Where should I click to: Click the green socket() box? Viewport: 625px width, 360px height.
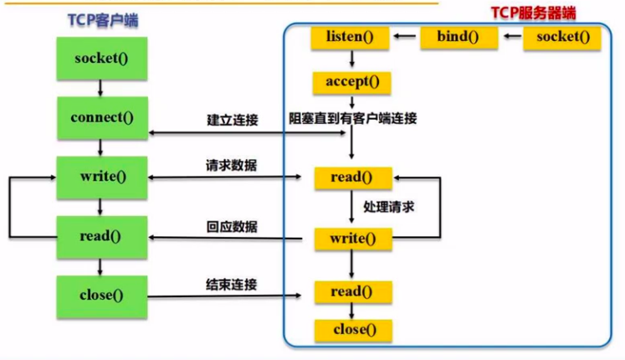100,58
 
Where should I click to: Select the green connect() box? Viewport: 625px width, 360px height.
100,116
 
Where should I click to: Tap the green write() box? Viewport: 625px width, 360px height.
100,176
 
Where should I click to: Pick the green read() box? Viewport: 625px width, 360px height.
100,236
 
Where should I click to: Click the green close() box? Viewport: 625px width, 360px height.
100,295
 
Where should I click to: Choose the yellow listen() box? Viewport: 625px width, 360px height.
352,37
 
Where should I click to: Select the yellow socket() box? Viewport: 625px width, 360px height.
563,37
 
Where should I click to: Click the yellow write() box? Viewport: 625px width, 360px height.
352,238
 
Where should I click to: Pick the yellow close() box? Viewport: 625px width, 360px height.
352,329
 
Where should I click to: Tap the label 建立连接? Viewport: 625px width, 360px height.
232,121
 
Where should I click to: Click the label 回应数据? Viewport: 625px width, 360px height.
232,227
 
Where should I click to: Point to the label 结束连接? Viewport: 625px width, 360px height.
232,285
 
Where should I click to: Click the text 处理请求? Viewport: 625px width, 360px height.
390,206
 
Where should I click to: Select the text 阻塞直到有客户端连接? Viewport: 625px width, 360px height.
353,119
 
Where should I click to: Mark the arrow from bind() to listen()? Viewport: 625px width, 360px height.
406,37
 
